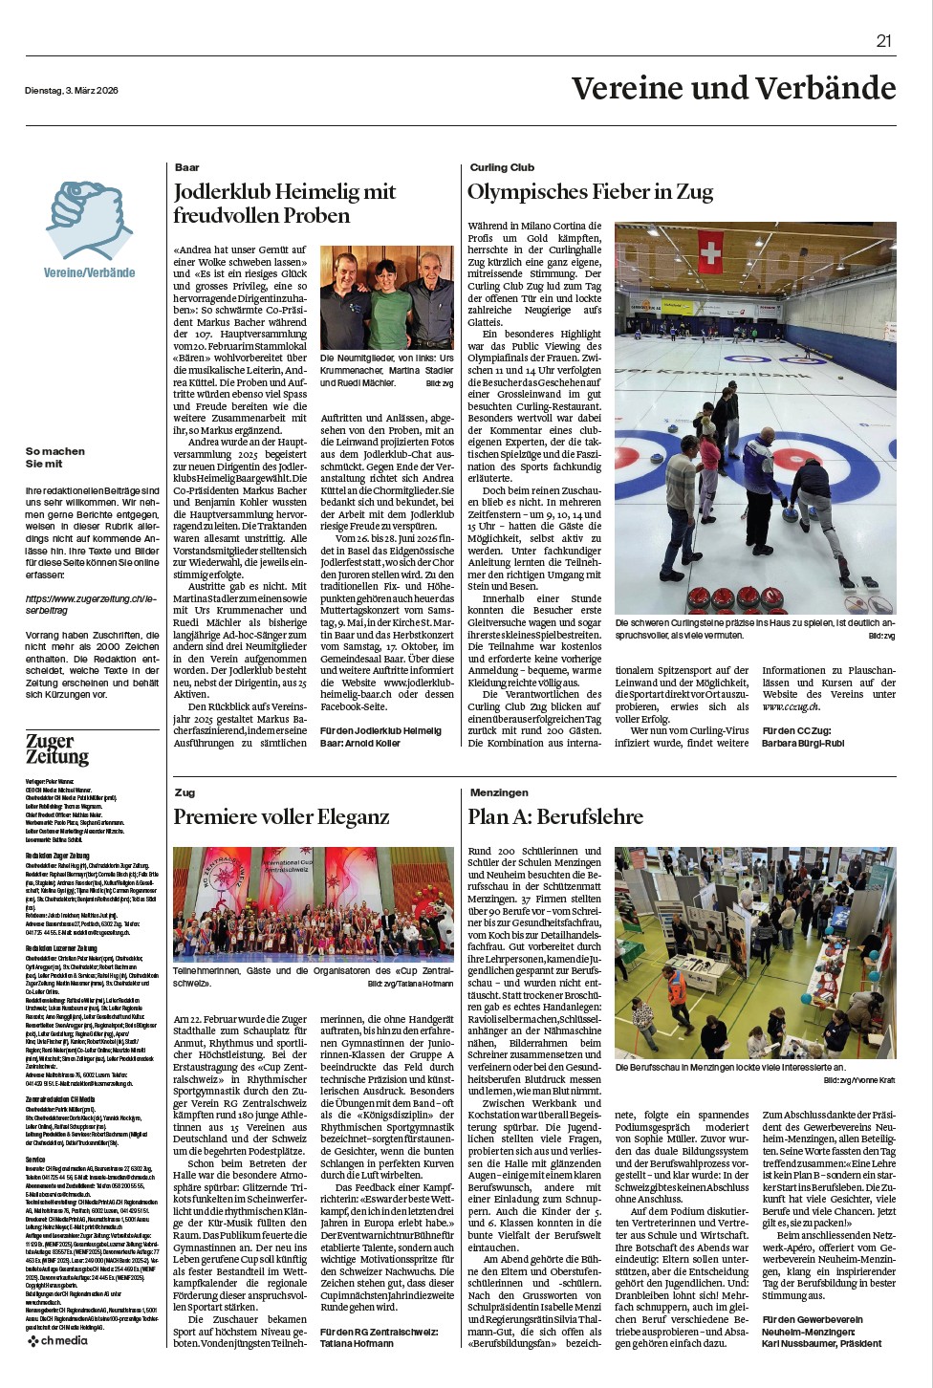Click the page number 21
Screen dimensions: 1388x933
[883, 40]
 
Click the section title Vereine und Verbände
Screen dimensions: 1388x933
[733, 88]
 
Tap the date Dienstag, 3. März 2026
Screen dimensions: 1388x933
[72, 91]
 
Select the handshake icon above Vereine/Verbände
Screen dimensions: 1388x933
[90, 221]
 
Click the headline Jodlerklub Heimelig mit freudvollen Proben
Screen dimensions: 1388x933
[284, 204]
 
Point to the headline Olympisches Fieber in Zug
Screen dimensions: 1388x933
[590, 191]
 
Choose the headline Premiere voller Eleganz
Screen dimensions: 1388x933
[281, 816]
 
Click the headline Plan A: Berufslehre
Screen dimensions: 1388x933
[555, 816]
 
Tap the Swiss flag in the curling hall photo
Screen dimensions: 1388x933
[710, 253]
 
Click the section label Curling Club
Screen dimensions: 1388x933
[502, 167]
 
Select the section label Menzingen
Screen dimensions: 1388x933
[499, 792]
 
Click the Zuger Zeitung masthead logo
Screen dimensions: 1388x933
[57, 748]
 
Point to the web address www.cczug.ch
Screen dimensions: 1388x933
[791, 706]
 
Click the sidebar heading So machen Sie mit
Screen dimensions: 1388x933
[55, 457]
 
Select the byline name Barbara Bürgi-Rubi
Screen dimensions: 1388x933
[803, 743]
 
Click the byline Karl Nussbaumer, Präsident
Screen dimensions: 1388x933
[821, 1343]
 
